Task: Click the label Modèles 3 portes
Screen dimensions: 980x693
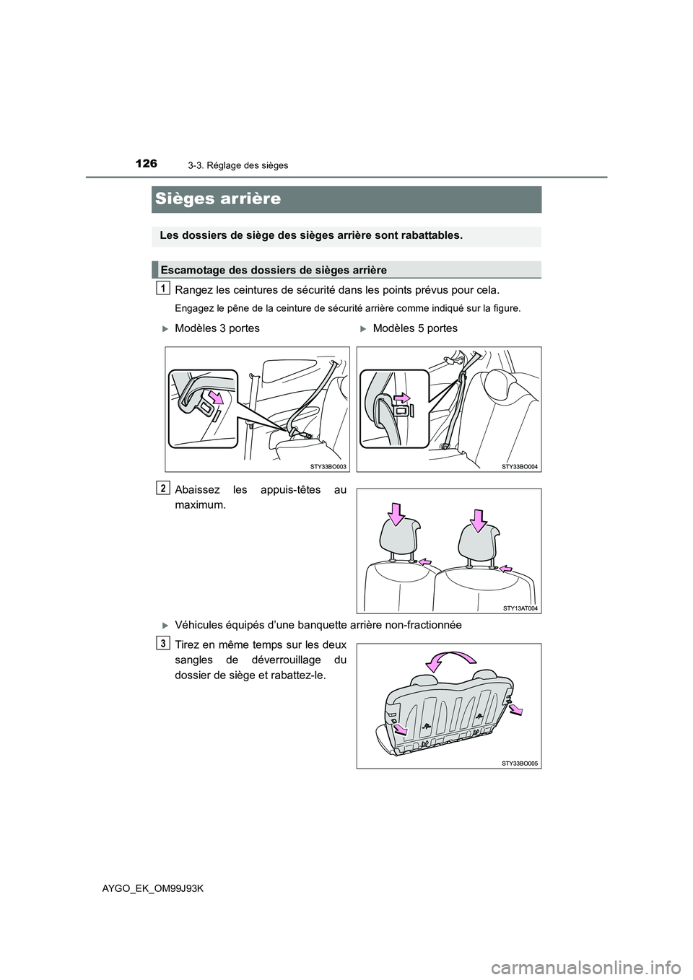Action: (217, 328)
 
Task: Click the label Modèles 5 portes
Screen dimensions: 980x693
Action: (415, 328)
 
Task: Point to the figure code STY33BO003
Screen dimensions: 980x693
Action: (331, 468)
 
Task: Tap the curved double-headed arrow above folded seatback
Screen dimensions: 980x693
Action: (452, 658)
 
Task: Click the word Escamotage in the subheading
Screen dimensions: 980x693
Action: (189, 270)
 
